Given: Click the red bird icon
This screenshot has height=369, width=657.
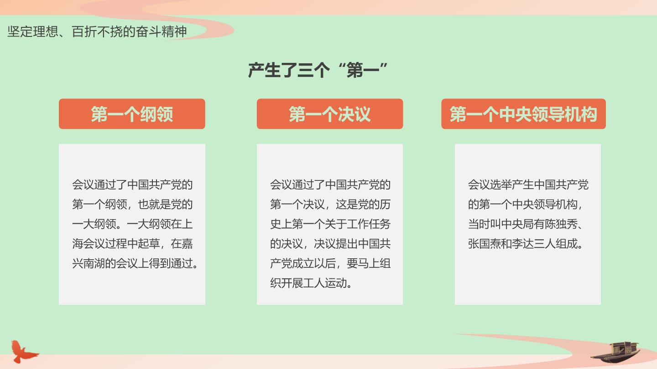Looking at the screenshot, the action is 23,351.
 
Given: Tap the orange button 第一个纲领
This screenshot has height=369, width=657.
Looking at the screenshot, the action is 132,114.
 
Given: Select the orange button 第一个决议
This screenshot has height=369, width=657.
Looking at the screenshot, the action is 330,114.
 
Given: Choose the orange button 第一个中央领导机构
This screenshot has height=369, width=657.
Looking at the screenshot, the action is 524,114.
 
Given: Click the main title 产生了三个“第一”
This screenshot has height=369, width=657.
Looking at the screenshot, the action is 318,70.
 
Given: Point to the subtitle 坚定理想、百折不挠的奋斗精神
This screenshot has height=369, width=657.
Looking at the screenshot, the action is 97,31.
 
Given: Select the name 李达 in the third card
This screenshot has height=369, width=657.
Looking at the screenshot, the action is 523,244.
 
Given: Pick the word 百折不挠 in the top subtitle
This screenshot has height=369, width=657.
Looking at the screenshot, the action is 97,31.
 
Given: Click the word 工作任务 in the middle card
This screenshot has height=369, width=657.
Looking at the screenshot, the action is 369,224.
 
